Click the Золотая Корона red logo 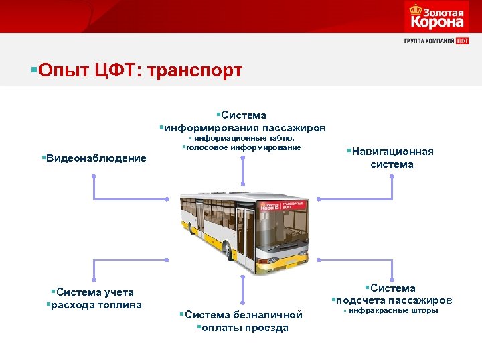click(x=434, y=17)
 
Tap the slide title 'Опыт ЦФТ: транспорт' click(x=141, y=70)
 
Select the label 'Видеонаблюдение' click(x=94, y=158)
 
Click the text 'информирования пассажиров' click(x=243, y=127)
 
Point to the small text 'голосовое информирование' click(x=242, y=147)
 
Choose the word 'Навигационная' click(x=391, y=152)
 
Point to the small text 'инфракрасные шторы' click(x=392, y=311)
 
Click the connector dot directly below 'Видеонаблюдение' click(x=94, y=177)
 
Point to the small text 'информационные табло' click(x=244, y=138)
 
